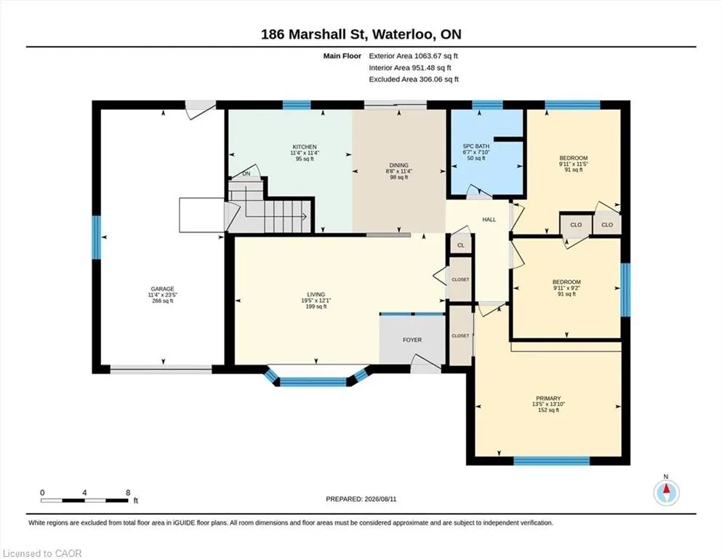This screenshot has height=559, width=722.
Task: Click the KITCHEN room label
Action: point(305,147)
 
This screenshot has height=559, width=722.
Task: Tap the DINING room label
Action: point(398,165)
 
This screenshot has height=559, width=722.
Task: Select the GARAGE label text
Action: point(163,289)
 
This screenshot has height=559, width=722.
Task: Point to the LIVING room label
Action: point(316,295)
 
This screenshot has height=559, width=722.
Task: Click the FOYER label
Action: point(412,340)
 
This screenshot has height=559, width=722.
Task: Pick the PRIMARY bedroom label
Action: point(548,398)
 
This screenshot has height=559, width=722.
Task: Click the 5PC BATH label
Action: point(476,146)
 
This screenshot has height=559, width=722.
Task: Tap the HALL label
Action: point(489,219)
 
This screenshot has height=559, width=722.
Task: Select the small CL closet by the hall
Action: point(461,245)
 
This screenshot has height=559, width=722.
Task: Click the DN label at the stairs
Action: point(246,174)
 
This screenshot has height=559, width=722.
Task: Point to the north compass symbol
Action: point(666,493)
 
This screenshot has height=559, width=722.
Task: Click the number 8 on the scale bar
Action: point(128,492)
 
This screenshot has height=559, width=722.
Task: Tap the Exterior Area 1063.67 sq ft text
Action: point(414,56)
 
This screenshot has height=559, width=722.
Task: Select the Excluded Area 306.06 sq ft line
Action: point(414,79)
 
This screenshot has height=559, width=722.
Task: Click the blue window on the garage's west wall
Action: point(96,238)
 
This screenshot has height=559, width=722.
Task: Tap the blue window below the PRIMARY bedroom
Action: point(552,461)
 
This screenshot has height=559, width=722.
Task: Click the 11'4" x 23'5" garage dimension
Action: point(163,295)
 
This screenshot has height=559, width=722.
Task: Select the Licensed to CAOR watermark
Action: point(42,553)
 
